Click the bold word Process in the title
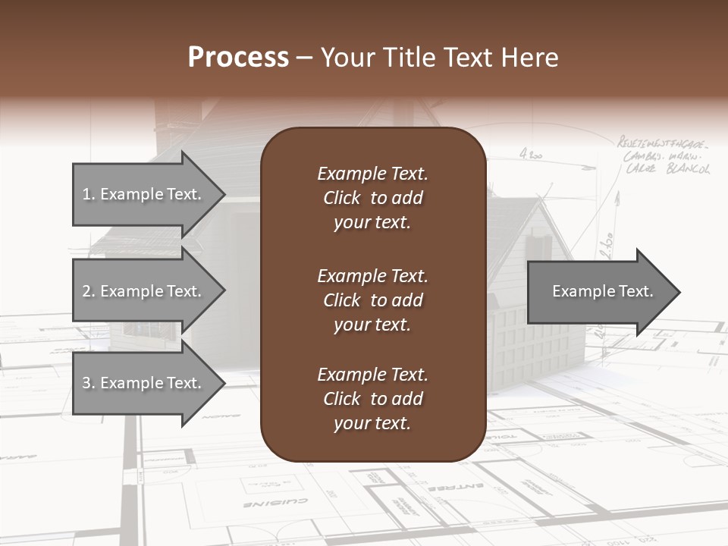(x=238, y=58)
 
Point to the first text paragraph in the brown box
(x=372, y=198)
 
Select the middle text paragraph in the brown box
(x=372, y=300)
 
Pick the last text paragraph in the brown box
(x=372, y=399)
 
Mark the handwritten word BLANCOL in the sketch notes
(x=688, y=168)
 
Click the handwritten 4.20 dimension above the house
(x=531, y=155)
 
